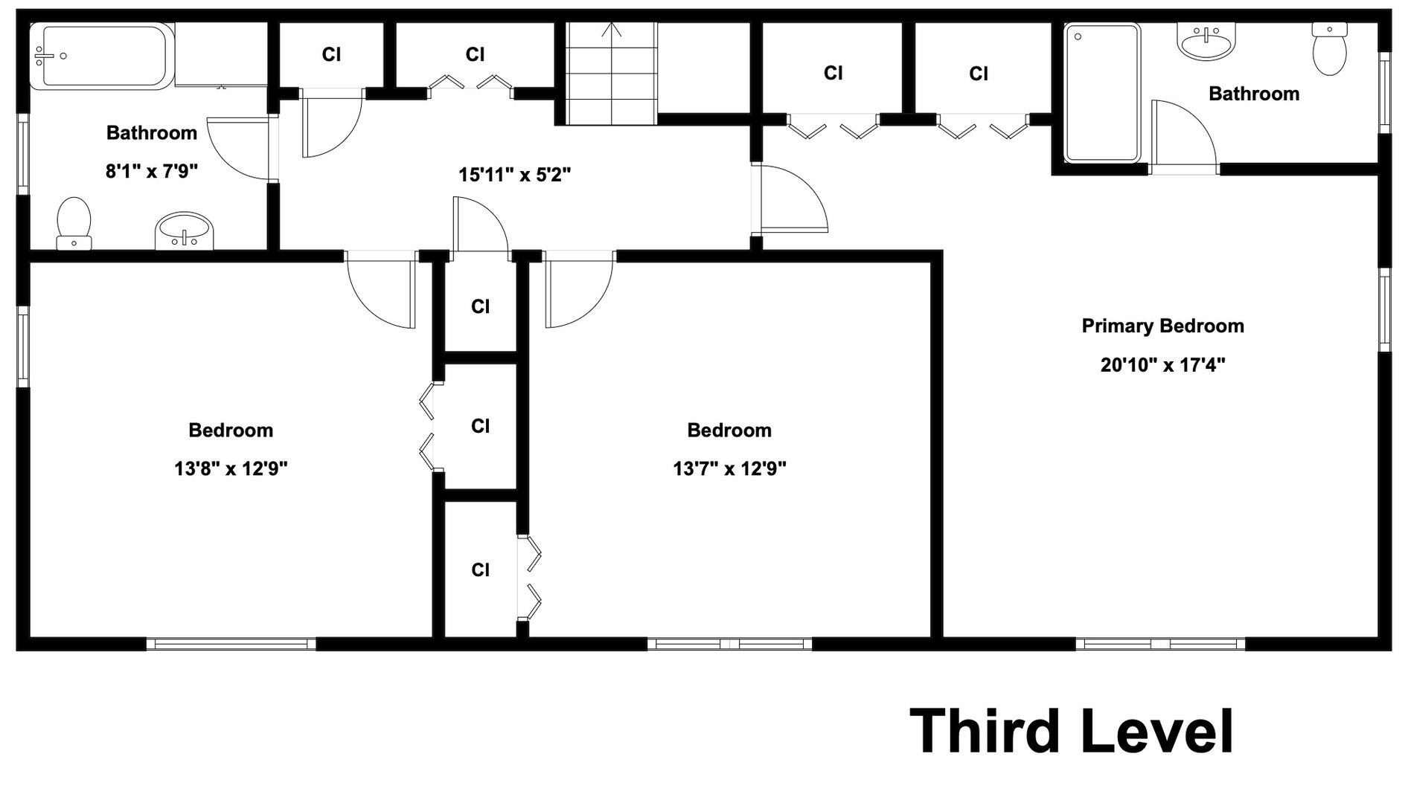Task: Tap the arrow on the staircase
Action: coord(612,31)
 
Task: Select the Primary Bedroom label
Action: coord(1162,326)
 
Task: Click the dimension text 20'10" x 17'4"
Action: coord(1162,365)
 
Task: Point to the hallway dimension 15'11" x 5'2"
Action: coord(514,175)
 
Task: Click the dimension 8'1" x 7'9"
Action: coord(152,172)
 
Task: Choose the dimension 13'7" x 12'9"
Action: coord(729,468)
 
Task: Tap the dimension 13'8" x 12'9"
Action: coord(231,468)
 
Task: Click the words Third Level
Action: coord(1072,732)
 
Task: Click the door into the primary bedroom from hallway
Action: coord(793,199)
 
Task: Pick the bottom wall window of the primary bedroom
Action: coord(1160,644)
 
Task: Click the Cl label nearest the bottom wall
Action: coord(480,570)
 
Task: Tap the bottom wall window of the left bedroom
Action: coord(231,644)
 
